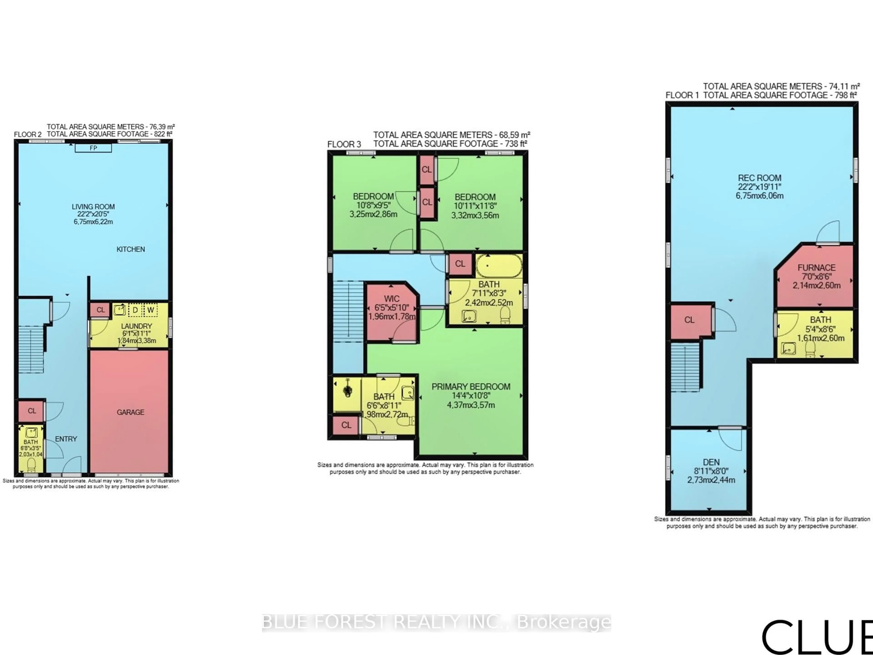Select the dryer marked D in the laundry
click(135, 310)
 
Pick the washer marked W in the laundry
click(150, 310)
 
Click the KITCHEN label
click(131, 249)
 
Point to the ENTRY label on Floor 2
click(66, 439)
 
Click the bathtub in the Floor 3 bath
click(499, 266)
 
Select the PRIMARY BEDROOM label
click(471, 387)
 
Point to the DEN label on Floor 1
click(711, 462)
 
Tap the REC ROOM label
click(759, 178)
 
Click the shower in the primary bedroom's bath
click(347, 391)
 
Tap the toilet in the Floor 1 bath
click(810, 349)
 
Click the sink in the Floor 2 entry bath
click(31, 433)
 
